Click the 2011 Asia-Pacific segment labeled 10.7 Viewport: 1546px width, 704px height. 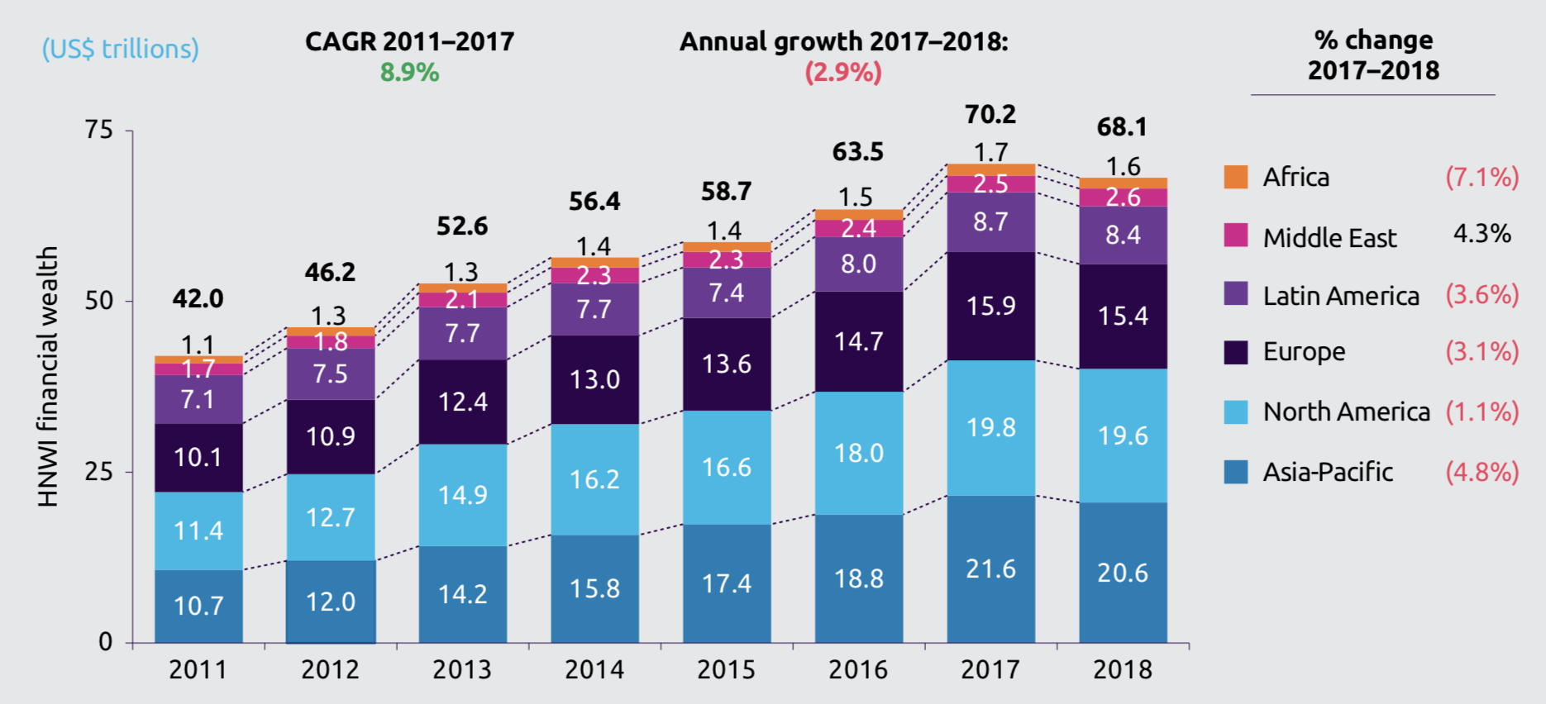pyautogui.click(x=198, y=606)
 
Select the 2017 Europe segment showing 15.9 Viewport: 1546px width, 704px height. pyautogui.click(x=990, y=306)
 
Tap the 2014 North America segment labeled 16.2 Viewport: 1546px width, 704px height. pyautogui.click(x=594, y=479)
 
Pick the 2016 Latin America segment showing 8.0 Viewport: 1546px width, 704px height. pyautogui.click(x=858, y=264)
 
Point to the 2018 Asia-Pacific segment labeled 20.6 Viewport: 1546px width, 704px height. pyautogui.click(x=1123, y=572)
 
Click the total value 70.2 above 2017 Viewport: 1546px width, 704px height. pyautogui.click(x=990, y=114)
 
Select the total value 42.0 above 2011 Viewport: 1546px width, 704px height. pyautogui.click(x=198, y=298)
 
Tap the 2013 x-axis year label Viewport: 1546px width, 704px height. pyautogui.click(x=462, y=669)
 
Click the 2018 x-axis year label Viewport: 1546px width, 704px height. pyautogui.click(x=1123, y=669)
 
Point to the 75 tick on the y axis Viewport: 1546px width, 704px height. pyautogui.click(x=98, y=130)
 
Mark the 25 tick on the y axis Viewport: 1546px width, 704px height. pyautogui.click(x=98, y=472)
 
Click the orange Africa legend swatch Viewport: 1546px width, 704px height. pyautogui.click(x=1236, y=177)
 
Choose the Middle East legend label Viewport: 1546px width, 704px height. pyautogui.click(x=1329, y=238)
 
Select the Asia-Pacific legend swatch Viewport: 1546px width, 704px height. pyautogui.click(x=1236, y=472)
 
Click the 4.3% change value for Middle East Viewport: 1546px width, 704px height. pyautogui.click(x=1482, y=234)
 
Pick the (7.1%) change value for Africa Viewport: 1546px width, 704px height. pyautogui.click(x=1482, y=177)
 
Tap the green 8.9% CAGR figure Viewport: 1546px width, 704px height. pyautogui.click(x=409, y=73)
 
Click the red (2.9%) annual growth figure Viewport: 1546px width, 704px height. pyautogui.click(x=843, y=73)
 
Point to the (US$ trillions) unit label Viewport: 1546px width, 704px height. pyautogui.click(x=121, y=49)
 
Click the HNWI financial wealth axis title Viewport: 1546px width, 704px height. pyautogui.click(x=48, y=376)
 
